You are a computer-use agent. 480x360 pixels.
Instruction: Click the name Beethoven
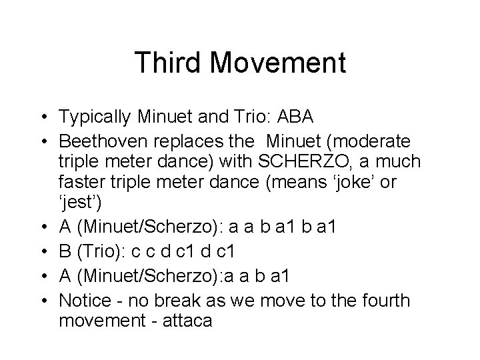107,143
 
